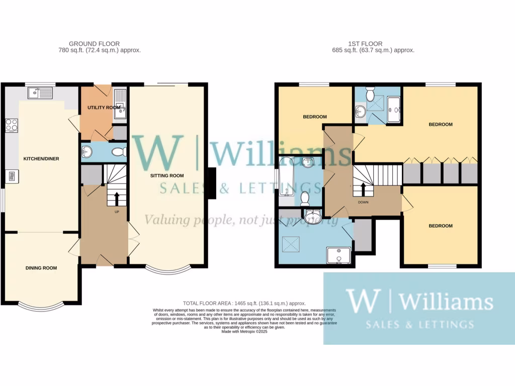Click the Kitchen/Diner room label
tap(41, 159)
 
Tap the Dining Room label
tap(41, 268)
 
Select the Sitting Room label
tap(166, 176)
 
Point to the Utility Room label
tap(104, 108)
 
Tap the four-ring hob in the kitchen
tap(11, 125)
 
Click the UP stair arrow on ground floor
tap(117, 198)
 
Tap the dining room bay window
tap(41, 304)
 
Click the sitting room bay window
tap(167, 269)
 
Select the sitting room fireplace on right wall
tap(212, 183)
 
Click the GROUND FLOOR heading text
tap(95, 44)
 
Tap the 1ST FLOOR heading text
tap(365, 44)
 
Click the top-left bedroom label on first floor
tap(315, 117)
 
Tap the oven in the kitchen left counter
tap(11, 176)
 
